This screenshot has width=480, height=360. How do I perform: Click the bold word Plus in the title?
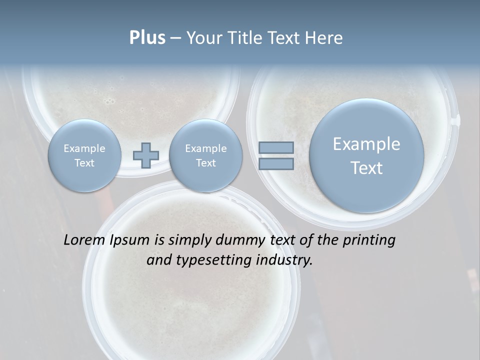[147, 38]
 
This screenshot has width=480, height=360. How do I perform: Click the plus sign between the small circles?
[145, 155]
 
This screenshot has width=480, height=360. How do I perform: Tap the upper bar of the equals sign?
[276, 147]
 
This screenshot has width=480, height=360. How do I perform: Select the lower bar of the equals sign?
[276, 163]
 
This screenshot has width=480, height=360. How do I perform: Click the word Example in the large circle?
[366, 144]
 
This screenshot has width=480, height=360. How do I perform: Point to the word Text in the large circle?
[366, 168]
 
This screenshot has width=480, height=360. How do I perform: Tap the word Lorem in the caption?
[84, 240]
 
